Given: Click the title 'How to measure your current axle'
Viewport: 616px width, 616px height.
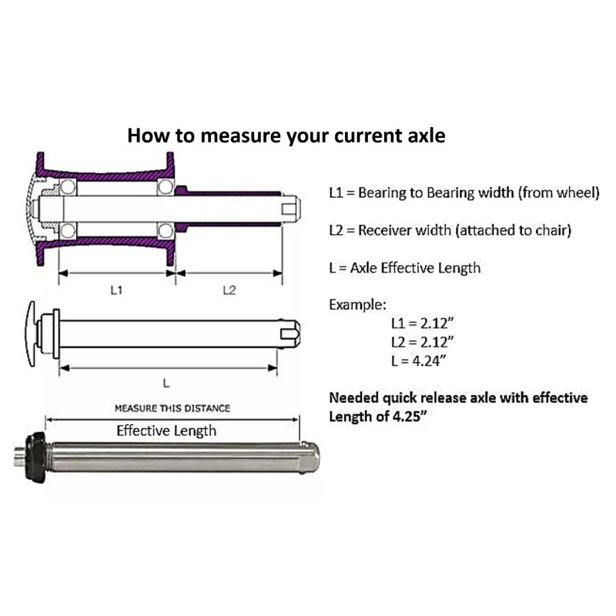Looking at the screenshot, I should pyautogui.click(x=286, y=136).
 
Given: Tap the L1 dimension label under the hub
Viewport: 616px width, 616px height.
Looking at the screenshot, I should pyautogui.click(x=116, y=290).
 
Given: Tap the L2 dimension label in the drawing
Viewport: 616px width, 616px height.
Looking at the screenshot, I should pyautogui.click(x=229, y=290).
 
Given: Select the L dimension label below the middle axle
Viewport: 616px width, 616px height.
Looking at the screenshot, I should pyautogui.click(x=166, y=381).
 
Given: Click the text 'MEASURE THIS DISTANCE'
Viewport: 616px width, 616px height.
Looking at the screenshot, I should pyautogui.click(x=172, y=408).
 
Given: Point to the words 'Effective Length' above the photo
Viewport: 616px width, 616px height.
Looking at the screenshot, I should pyautogui.click(x=166, y=430).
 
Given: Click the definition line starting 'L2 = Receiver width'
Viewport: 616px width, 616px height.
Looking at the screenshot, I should pyautogui.click(x=450, y=230).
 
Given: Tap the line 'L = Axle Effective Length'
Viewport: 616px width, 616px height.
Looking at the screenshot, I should pyautogui.click(x=404, y=268).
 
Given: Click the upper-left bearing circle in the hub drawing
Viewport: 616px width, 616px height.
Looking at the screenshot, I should pyautogui.click(x=68, y=187).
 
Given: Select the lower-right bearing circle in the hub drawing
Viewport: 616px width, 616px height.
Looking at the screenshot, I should pyautogui.click(x=166, y=229).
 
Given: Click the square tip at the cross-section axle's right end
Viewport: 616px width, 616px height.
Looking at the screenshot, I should pyautogui.click(x=289, y=208).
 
